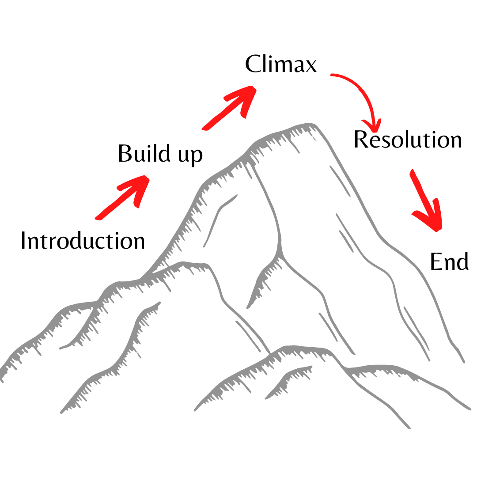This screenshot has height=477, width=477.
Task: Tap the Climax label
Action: (x=281, y=64)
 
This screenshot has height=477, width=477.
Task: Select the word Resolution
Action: (x=408, y=140)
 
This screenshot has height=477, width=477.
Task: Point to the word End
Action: (x=449, y=262)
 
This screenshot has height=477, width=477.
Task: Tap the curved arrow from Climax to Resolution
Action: (x=360, y=93)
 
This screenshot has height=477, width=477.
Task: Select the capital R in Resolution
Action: (x=361, y=140)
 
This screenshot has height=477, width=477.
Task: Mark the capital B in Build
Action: (x=125, y=154)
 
